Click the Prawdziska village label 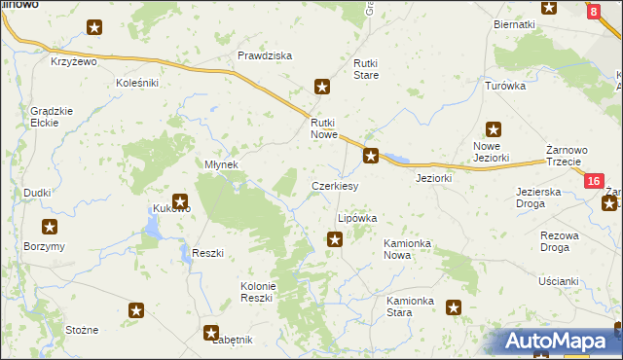point(265,55)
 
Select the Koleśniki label point(137,83)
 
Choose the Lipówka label point(356,219)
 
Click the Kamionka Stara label point(409,306)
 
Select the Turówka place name point(505,86)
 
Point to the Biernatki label point(514,23)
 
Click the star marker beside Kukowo point(180,201)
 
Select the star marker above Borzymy point(50,227)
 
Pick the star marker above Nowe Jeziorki point(494,128)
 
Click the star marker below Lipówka point(335,239)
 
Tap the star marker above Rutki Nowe point(322,88)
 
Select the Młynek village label point(221,164)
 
